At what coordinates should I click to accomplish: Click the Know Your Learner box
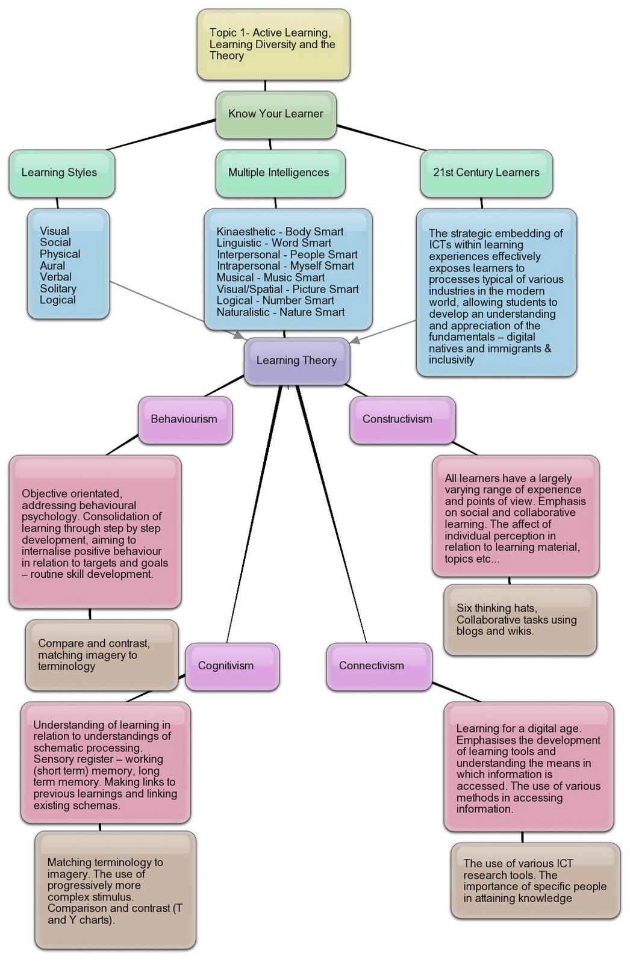pos(276,114)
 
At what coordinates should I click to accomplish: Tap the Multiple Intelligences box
pos(279,173)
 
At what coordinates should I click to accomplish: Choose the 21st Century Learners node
pos(486,173)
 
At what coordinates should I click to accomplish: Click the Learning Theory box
pos(296,361)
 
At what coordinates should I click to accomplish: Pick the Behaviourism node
pos(184,420)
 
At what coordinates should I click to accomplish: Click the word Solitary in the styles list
pos(58,289)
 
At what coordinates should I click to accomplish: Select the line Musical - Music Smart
pos(270,277)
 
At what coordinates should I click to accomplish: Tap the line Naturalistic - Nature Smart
pos(281,312)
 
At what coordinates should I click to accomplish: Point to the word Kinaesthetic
pos(246,232)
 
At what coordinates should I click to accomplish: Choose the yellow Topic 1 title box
pos(273,45)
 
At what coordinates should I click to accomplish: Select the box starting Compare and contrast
pos(101,655)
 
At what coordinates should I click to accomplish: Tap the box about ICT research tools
pos(535,881)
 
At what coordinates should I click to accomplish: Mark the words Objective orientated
pos(72,494)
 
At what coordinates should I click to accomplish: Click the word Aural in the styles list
pos(52,266)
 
